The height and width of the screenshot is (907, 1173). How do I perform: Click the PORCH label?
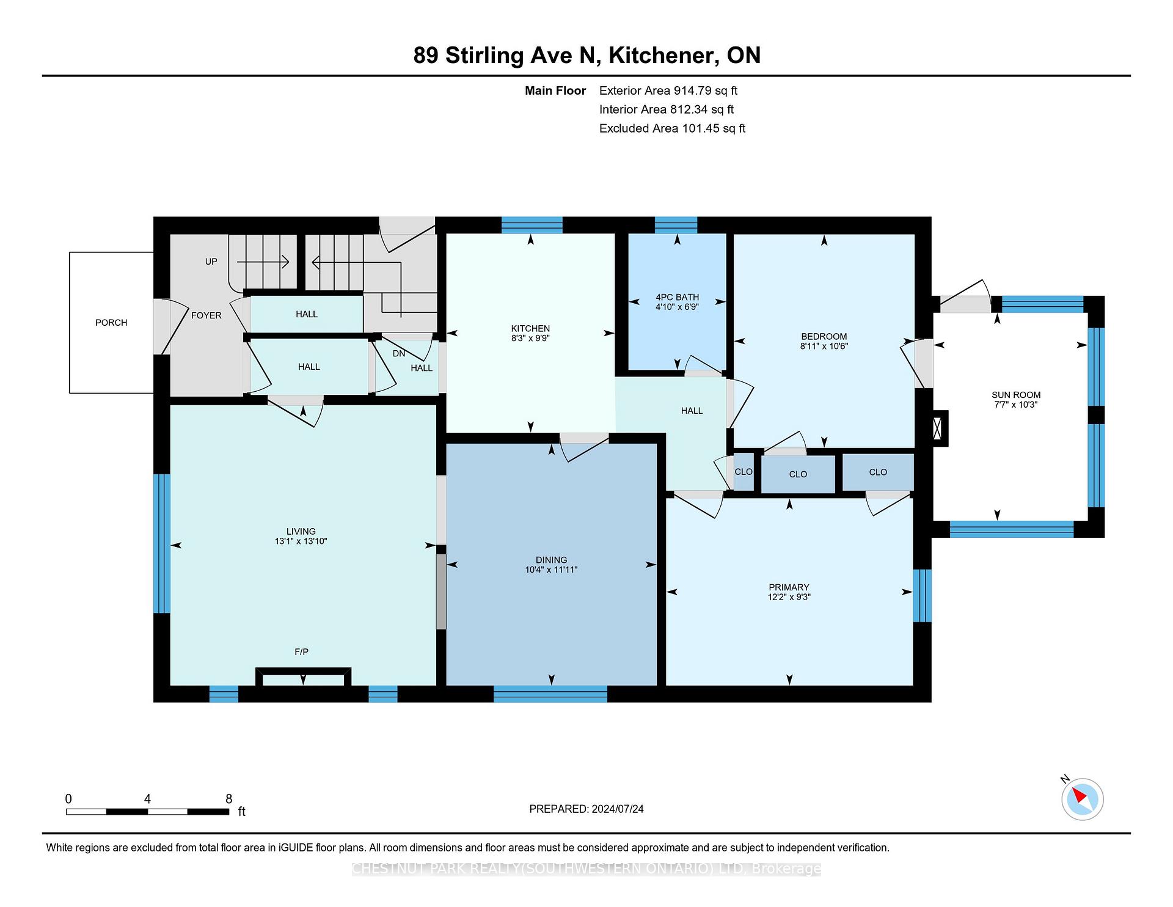(111, 323)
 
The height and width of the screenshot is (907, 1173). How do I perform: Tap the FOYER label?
(206, 315)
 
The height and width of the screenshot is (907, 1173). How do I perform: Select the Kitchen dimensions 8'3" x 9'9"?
(531, 338)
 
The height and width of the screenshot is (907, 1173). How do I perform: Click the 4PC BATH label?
(677, 297)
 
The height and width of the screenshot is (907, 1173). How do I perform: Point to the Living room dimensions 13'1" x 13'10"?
(301, 541)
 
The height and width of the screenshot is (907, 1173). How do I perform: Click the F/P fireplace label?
(301, 652)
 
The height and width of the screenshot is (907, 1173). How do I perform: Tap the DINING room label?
(551, 560)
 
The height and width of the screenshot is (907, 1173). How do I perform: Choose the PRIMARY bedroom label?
(789, 587)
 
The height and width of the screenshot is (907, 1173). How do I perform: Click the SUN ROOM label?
(1016, 395)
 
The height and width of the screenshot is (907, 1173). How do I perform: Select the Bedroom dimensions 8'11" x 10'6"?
(824, 346)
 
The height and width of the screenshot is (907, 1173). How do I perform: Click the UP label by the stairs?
(211, 262)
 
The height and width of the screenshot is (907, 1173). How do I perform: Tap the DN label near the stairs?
(399, 354)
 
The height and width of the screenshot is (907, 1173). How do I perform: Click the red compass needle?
(1079, 796)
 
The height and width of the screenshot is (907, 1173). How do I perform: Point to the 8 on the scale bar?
(229, 799)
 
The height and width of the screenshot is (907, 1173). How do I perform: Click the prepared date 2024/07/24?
(618, 809)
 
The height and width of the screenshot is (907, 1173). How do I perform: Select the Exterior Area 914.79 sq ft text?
(668, 90)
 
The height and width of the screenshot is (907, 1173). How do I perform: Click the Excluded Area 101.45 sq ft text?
(672, 128)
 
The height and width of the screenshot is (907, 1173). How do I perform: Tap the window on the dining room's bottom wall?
(550, 694)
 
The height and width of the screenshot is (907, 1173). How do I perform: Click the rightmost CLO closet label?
(878, 472)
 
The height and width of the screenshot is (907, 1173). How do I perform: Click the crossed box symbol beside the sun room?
(938, 428)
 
